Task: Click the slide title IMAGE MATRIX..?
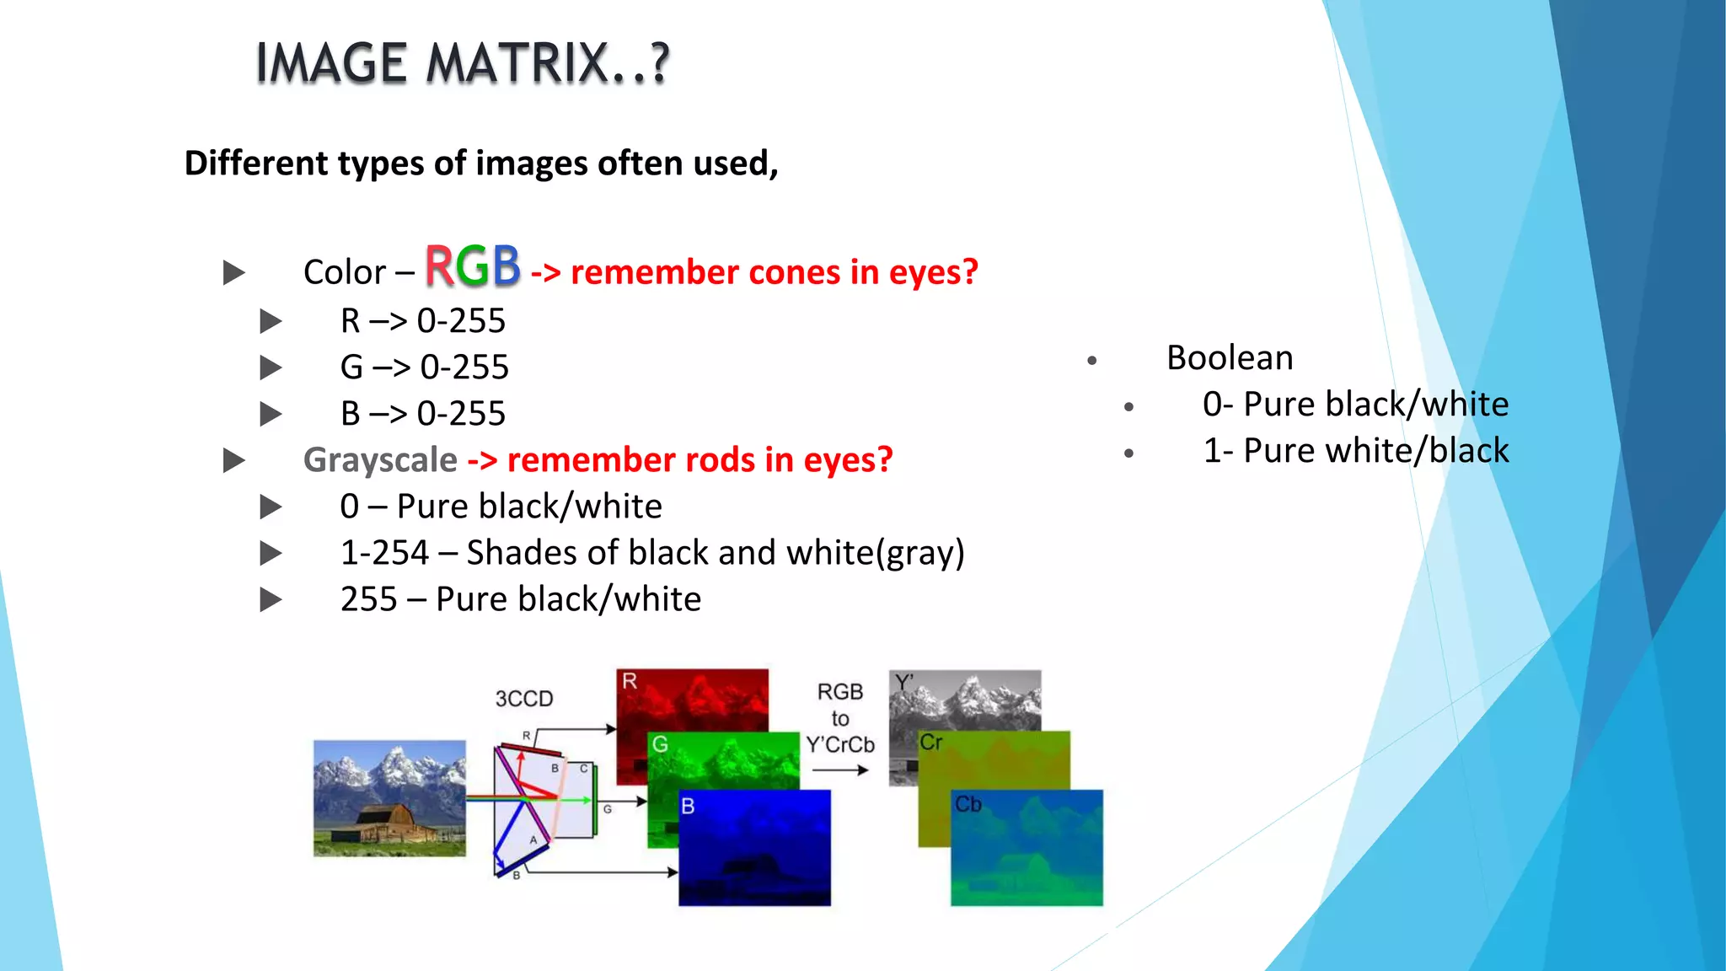pos(462,64)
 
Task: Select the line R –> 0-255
pos(422,321)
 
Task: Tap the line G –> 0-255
pos(424,367)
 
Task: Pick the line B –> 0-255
pos(422,414)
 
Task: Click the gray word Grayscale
pos(380,460)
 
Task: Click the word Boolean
pos(1230,358)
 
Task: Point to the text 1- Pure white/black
pos(1355,451)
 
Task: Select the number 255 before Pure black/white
pos(368,599)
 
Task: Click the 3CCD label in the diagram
pos(524,699)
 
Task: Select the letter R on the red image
pos(630,681)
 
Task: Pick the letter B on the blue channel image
pos(688,807)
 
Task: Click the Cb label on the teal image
pos(968,805)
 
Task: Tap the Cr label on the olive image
pos(930,743)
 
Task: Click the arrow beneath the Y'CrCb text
pos(839,770)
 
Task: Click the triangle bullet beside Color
pos(233,273)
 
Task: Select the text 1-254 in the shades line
pos(384,553)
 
